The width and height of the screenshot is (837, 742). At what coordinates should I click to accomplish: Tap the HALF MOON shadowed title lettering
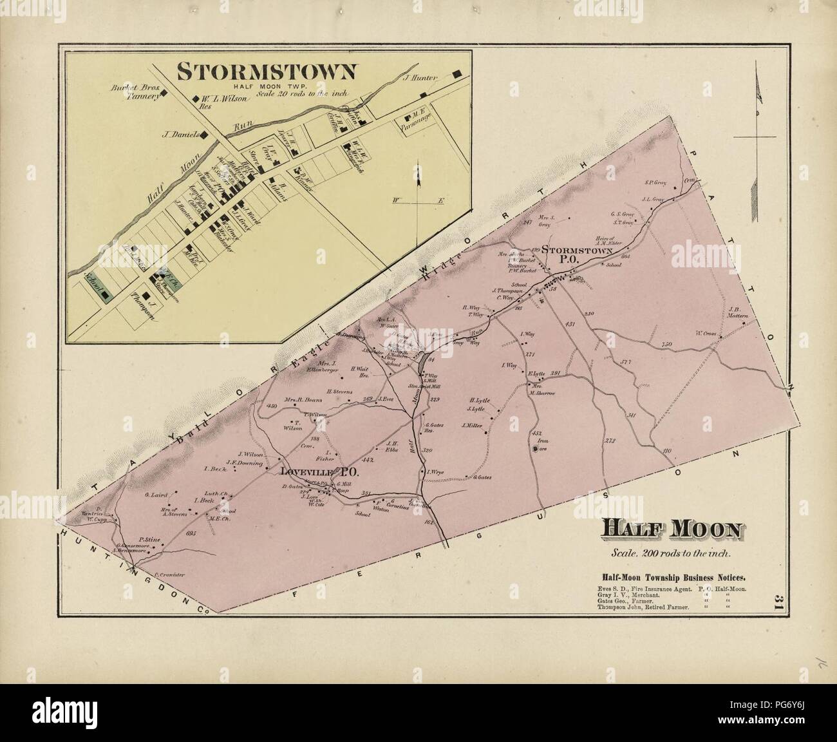pos(670,529)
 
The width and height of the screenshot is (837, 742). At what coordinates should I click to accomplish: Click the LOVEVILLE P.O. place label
pos(319,472)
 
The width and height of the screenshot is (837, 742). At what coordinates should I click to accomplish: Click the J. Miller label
pos(473,425)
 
